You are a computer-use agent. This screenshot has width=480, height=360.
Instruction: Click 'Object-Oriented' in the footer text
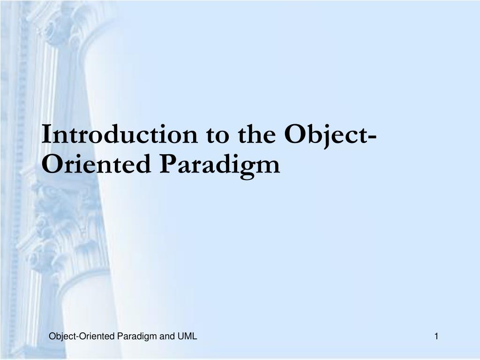click(82, 336)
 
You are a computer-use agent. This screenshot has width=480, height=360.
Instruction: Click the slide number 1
click(436, 336)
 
